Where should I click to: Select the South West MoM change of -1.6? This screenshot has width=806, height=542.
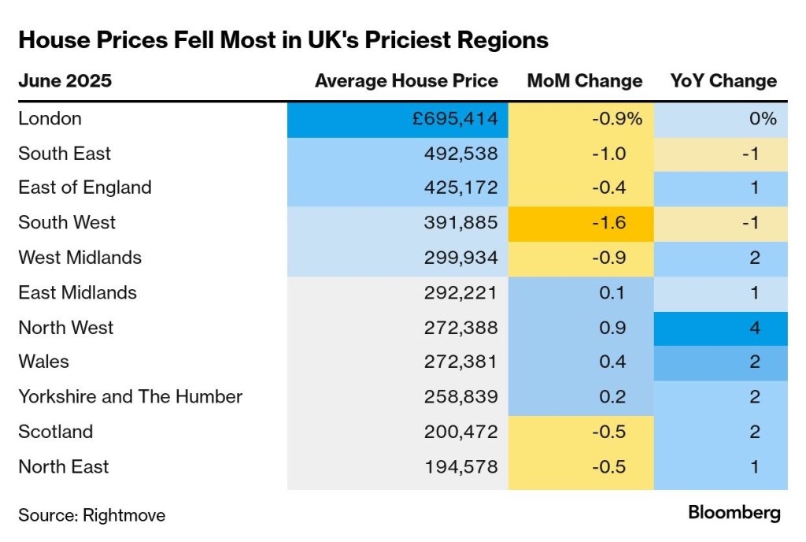608,222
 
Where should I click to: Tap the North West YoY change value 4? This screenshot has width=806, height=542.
755,327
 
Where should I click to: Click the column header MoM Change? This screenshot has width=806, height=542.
585,81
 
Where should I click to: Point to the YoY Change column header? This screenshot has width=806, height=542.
723,81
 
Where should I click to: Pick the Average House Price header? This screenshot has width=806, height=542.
406,81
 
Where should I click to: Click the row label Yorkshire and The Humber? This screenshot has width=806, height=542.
131,396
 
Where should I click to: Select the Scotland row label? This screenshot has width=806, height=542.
56,431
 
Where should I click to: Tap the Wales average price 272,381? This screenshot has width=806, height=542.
460,362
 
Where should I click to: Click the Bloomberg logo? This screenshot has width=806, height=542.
734,513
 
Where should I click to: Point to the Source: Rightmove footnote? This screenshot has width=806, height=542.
92,515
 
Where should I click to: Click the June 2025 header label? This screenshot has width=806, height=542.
65,81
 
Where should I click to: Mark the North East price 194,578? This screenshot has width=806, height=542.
460,466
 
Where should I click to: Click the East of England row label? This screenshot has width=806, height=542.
85,187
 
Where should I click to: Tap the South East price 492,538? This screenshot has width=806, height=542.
460,154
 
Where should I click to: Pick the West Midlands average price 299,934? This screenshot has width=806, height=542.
460,258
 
